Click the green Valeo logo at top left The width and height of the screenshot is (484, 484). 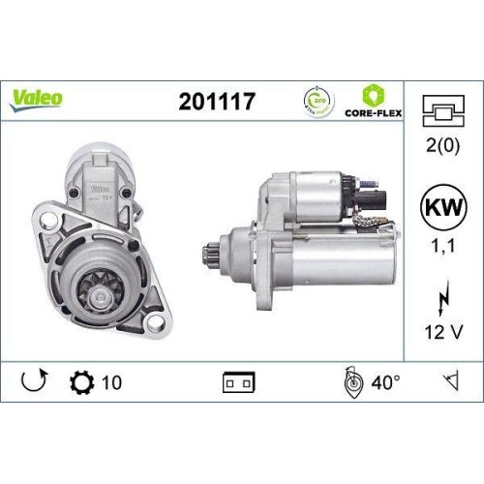[x=38, y=97]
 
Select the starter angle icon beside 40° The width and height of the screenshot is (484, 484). [x=353, y=381]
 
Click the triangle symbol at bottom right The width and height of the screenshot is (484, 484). [x=447, y=381]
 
